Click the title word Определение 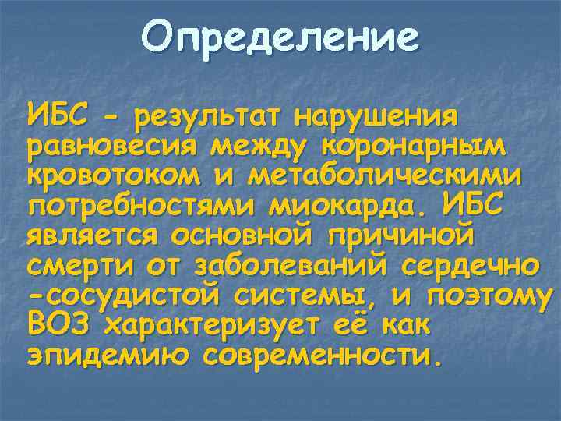click(x=280, y=37)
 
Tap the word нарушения click(x=379, y=118)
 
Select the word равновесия click(x=106, y=149)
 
